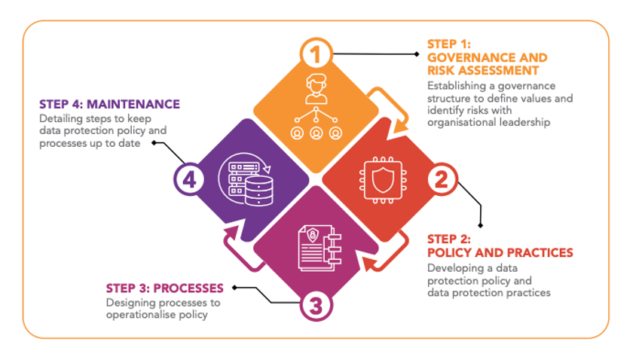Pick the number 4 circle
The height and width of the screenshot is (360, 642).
[189, 181]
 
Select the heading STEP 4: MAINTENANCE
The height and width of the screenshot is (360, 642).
[110, 104]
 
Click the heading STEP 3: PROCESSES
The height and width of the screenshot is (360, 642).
[164, 288]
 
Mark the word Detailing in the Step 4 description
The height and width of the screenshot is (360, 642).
[60, 119]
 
